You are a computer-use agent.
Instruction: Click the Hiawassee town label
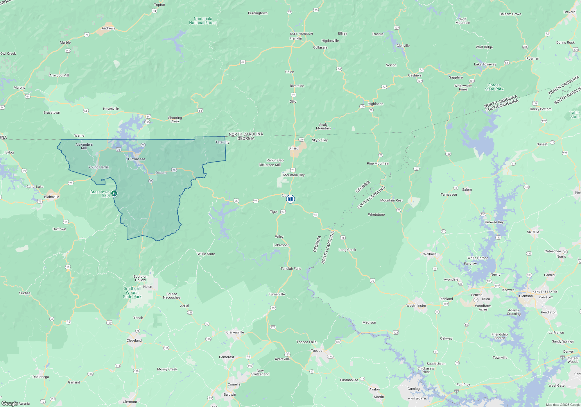pos(137,159)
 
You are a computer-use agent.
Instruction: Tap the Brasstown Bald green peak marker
pos(114,193)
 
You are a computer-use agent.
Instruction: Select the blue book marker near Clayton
pos(290,199)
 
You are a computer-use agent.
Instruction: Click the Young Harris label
pos(98,167)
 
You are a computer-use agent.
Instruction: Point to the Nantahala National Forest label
pos(203,21)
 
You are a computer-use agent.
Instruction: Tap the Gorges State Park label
pos(494,87)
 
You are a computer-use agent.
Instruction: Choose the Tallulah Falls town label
pos(290,269)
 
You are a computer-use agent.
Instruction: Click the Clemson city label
pos(526,296)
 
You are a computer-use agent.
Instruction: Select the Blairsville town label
pos(51,197)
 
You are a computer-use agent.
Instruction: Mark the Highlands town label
pos(375,104)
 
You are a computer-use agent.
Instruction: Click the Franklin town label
pos(295,38)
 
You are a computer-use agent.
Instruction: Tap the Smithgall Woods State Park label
pos(132,292)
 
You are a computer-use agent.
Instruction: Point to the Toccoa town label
pos(316,351)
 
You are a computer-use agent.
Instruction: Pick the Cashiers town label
pos(415,75)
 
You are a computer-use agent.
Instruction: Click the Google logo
pos(10,403)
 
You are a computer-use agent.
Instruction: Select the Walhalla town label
pos(430,254)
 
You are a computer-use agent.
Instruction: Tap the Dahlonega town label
pos(41,377)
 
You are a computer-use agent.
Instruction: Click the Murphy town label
pos(19,88)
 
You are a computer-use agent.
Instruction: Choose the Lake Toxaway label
pos(485,64)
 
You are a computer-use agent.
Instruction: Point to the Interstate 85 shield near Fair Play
pos(456,391)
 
